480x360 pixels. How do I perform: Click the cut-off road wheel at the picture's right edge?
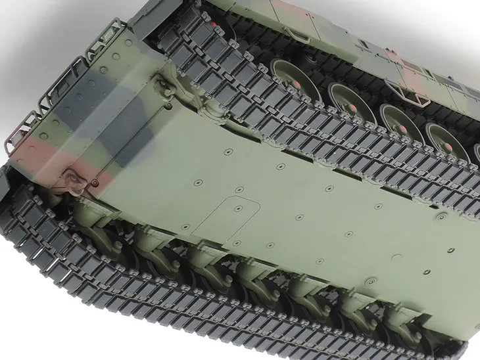pyautogui.click(x=475, y=154)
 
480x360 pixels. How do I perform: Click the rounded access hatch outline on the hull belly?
pyautogui.click(x=224, y=217)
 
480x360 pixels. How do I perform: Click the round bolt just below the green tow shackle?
pyautogui.click(x=169, y=105)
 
